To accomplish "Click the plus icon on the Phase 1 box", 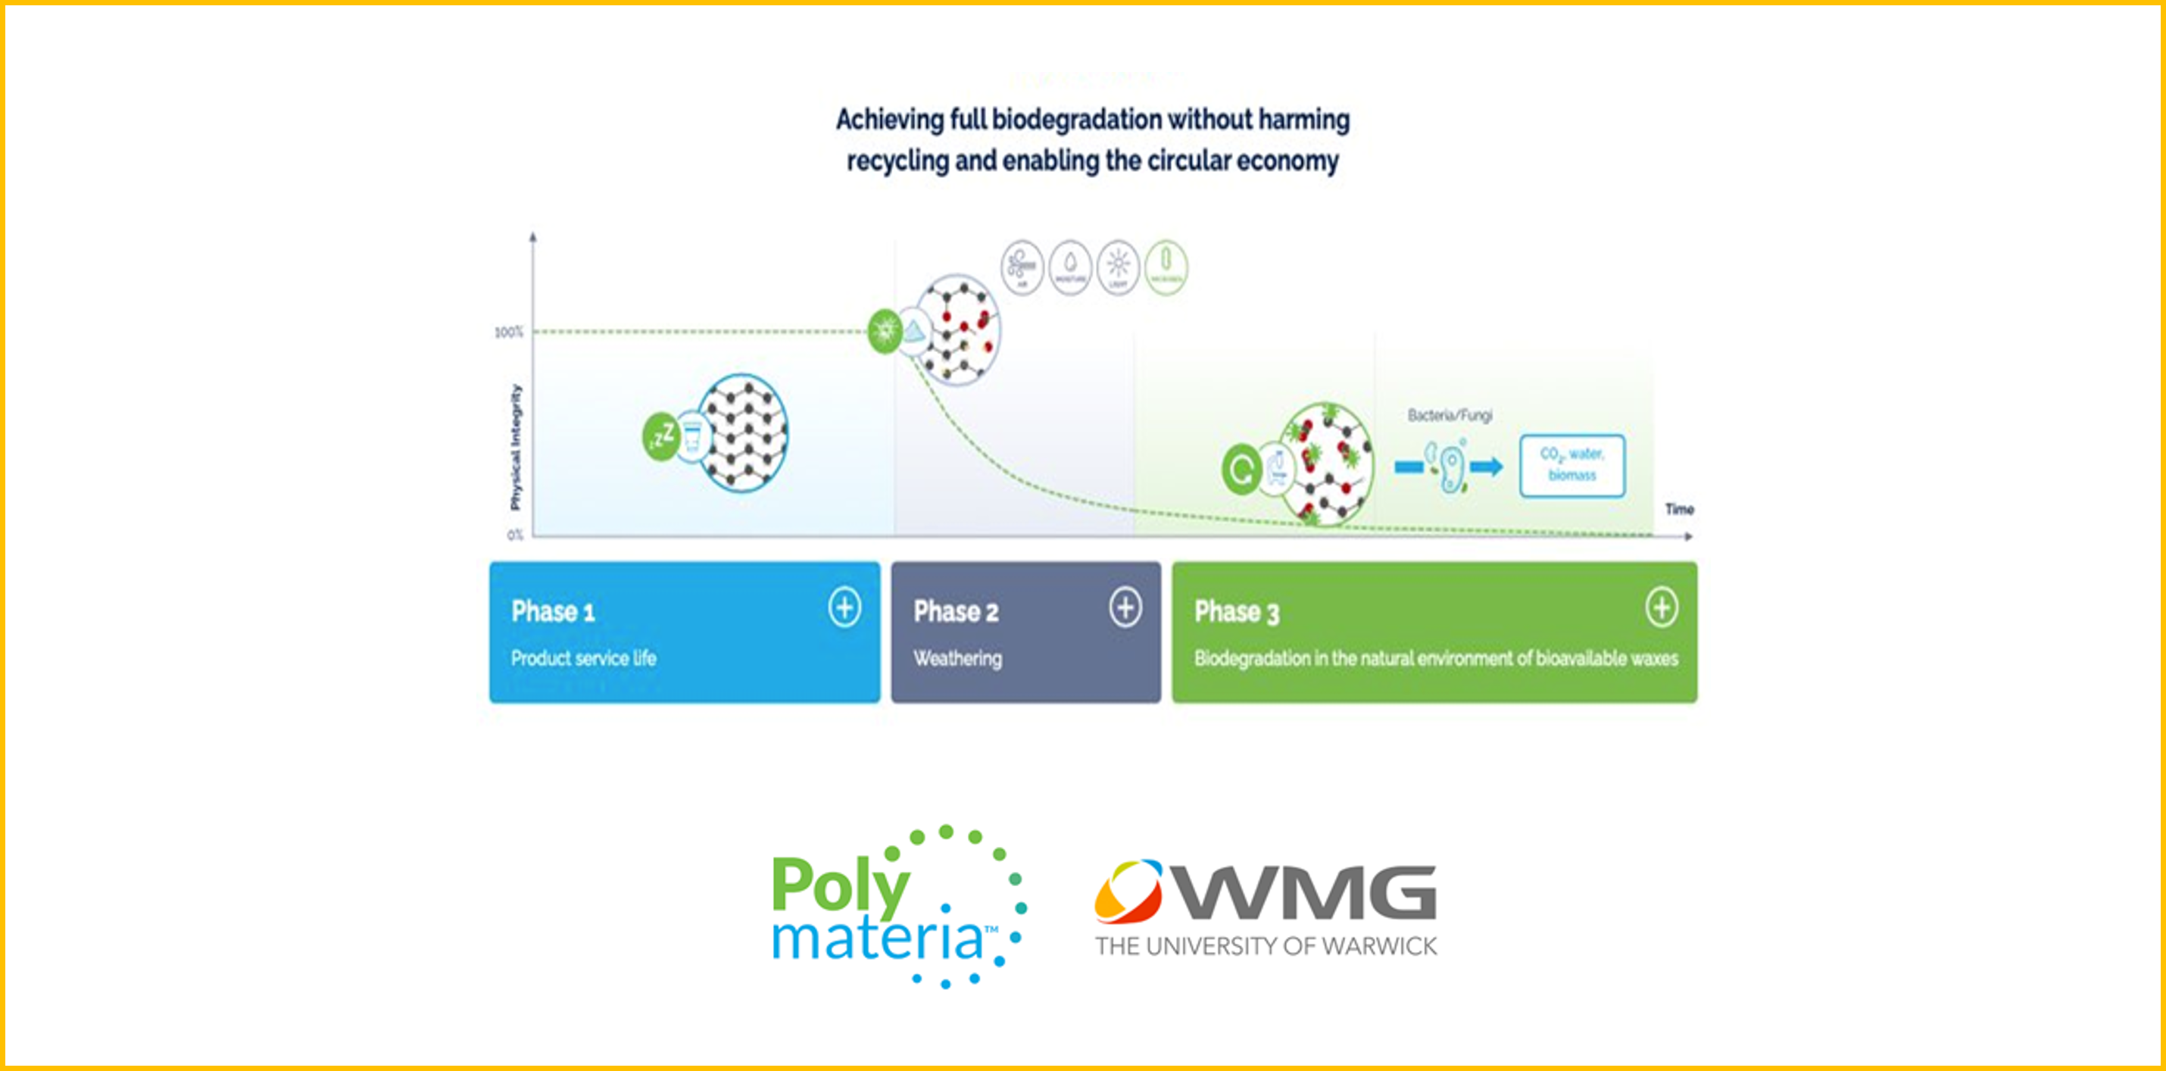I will [x=844, y=607].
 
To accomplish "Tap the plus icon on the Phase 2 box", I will [x=1125, y=607].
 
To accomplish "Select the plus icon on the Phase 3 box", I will [x=1662, y=607].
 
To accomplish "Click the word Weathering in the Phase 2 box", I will [x=958, y=658].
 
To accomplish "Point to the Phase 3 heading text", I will [x=1236, y=612].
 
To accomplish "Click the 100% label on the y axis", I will [x=509, y=332].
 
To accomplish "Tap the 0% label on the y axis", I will [x=514, y=535].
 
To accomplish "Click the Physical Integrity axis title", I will [x=516, y=446].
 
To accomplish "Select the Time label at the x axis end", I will [x=1679, y=508].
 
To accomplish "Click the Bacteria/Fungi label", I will [x=1450, y=415].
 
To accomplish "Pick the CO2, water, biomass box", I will [x=1571, y=465].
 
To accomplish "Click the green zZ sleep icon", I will [x=661, y=436].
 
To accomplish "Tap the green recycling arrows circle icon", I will [x=1241, y=469].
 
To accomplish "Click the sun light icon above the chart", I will [x=1118, y=267].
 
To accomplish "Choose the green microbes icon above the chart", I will [x=1166, y=267].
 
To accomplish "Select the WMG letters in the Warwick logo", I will [x=1306, y=893].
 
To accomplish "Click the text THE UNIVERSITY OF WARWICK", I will [x=1266, y=947].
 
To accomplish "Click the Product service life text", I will [x=584, y=658].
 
